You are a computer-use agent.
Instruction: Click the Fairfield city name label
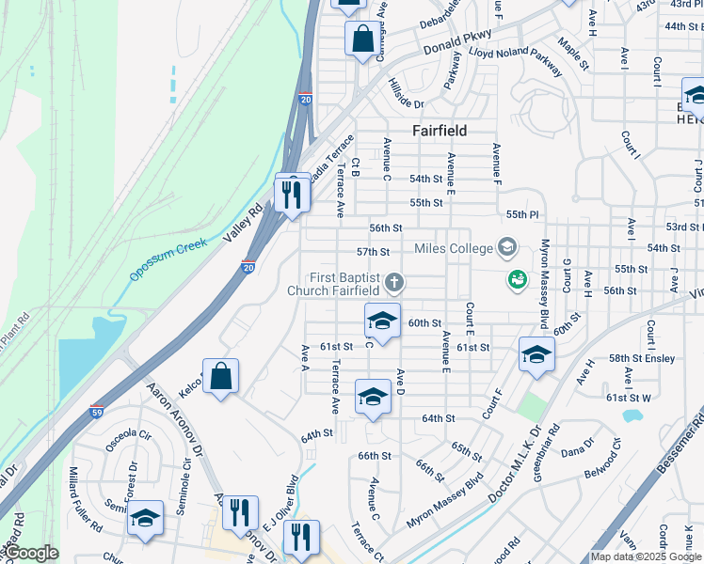(440, 131)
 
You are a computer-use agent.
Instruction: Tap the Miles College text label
(455, 248)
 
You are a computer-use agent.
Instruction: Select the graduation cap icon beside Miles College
(507, 248)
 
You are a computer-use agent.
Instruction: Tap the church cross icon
(396, 280)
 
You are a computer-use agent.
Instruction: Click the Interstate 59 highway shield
(97, 412)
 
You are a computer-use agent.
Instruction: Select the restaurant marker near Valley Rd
(292, 194)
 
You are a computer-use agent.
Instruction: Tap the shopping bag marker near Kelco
(220, 377)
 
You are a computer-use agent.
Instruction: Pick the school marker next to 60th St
(381, 321)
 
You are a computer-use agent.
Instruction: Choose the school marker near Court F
(536, 354)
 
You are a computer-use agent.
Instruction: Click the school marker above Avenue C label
(373, 398)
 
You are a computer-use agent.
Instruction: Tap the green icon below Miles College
(516, 279)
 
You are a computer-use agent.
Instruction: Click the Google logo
(30, 553)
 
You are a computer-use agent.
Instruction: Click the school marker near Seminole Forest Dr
(145, 519)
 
